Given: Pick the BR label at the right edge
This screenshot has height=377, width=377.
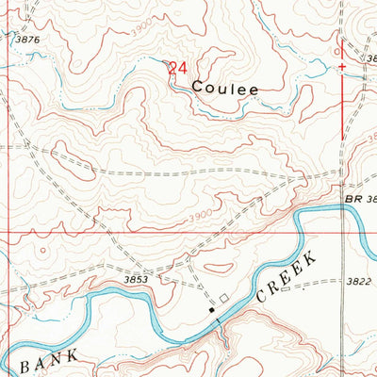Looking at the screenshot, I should tap(354, 201).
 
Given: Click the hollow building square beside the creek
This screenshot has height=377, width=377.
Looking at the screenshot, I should tap(224, 298).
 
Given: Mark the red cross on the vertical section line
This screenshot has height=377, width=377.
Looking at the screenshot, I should tap(341, 67).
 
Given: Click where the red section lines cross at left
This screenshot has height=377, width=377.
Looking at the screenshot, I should tap(9, 230).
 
